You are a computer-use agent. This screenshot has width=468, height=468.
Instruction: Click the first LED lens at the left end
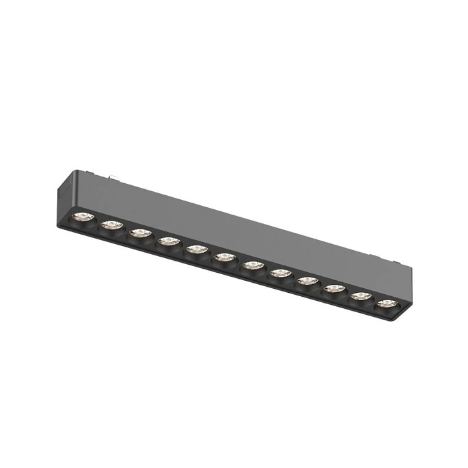[82, 217]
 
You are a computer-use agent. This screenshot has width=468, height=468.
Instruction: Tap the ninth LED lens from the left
[308, 281]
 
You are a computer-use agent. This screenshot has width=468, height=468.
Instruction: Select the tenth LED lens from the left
[334, 289]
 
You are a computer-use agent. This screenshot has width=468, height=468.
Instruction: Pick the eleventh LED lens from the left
[361, 296]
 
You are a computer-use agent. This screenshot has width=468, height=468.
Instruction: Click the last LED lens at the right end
[385, 304]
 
